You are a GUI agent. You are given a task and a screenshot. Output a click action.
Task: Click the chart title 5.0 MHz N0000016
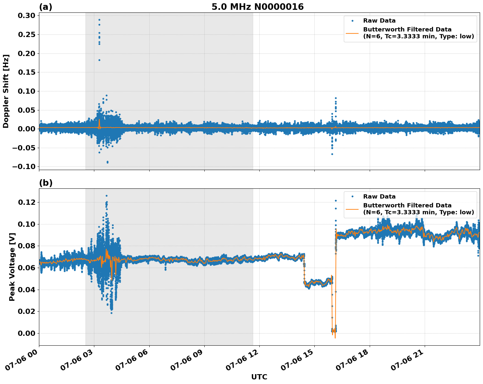click(x=257, y=7)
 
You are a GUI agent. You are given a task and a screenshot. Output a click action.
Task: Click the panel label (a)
click(x=46, y=7)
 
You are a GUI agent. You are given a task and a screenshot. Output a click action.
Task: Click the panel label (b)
click(x=46, y=183)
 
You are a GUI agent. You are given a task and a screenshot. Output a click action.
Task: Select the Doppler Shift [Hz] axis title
click(x=6, y=91)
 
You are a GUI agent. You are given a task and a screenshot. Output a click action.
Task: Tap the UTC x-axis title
click(x=259, y=377)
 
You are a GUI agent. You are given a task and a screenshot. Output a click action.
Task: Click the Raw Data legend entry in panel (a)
click(x=379, y=21)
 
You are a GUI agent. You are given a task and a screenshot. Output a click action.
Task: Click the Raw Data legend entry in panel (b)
click(x=379, y=197)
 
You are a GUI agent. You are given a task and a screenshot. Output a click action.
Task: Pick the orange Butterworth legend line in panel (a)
click(x=352, y=33)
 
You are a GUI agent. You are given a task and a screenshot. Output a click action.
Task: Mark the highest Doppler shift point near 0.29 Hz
click(x=99, y=20)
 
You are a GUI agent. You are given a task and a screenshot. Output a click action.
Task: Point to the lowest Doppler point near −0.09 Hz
click(x=107, y=162)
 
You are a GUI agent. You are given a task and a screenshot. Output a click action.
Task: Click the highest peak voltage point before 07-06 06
click(x=106, y=196)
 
